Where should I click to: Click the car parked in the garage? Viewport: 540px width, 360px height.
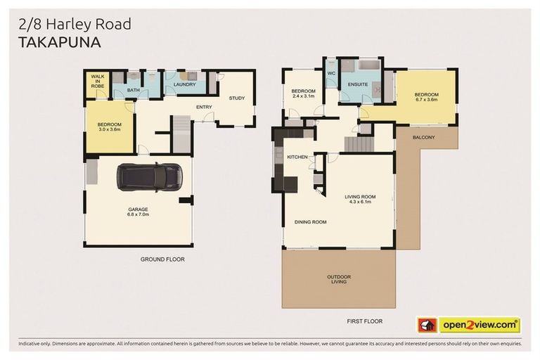150,176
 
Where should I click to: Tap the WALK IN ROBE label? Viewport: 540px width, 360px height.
96,81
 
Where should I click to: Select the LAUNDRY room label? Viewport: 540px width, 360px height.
185,84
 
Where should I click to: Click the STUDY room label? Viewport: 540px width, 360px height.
237,98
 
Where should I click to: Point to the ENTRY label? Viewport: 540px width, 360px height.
205,107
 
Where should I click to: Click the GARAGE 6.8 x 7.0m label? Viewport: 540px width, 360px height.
138,212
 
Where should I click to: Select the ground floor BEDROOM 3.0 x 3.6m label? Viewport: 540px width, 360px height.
109,127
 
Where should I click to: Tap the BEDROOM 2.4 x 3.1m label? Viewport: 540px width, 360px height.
303,94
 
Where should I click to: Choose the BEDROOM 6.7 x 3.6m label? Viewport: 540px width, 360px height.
425,97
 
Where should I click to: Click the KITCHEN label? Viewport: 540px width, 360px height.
297,157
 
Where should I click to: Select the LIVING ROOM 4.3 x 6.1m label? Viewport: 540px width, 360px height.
359,199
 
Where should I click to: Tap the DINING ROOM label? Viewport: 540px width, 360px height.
310,222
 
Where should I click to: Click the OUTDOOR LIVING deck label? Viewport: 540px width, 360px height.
339,279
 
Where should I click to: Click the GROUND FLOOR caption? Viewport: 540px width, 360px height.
162,259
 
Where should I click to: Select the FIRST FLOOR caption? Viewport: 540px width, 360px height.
364,321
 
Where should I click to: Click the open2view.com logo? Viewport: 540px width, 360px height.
479,325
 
